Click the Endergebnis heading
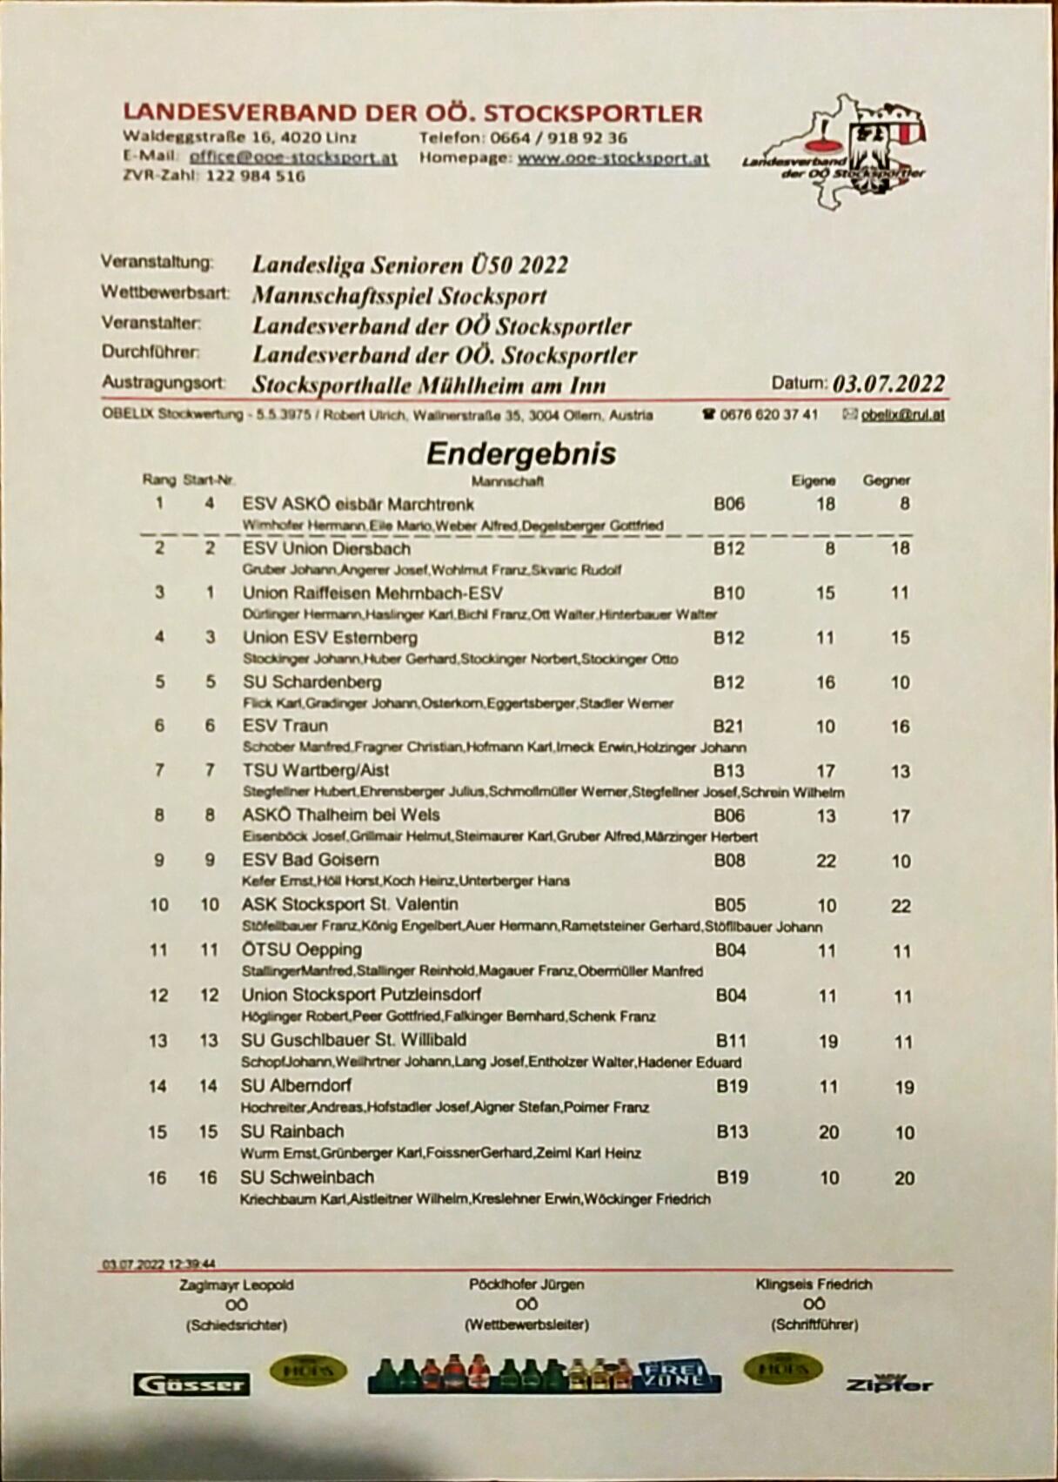(520, 453)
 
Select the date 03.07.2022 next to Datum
(887, 384)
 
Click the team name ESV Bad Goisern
(310, 860)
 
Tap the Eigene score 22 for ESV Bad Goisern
(826, 861)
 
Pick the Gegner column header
(886, 479)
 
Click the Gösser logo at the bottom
(191, 1385)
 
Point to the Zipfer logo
(888, 1383)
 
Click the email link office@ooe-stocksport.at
(293, 158)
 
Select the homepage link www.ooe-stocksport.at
(613, 158)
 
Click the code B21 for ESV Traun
(728, 726)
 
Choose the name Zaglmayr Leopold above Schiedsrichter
(236, 1284)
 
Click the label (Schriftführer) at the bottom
(814, 1324)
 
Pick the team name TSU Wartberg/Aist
(315, 770)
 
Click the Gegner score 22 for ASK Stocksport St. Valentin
(901, 906)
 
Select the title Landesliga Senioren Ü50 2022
(410, 265)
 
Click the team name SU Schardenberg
(311, 681)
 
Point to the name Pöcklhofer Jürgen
(526, 1284)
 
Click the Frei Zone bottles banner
(544, 1376)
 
